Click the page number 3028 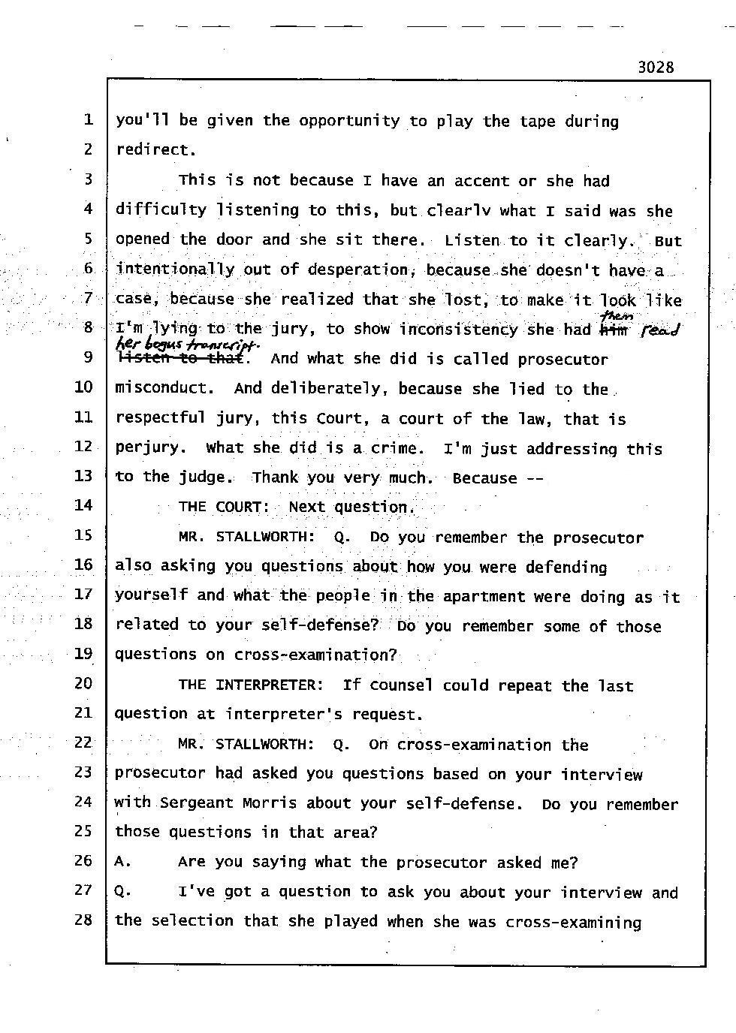[656, 67]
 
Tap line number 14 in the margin [83, 505]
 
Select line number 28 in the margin [83, 919]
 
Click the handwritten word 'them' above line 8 [617, 317]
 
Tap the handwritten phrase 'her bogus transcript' [187, 344]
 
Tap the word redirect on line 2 [155, 149]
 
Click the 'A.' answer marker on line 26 [122, 862]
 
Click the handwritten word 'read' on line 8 [659, 330]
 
